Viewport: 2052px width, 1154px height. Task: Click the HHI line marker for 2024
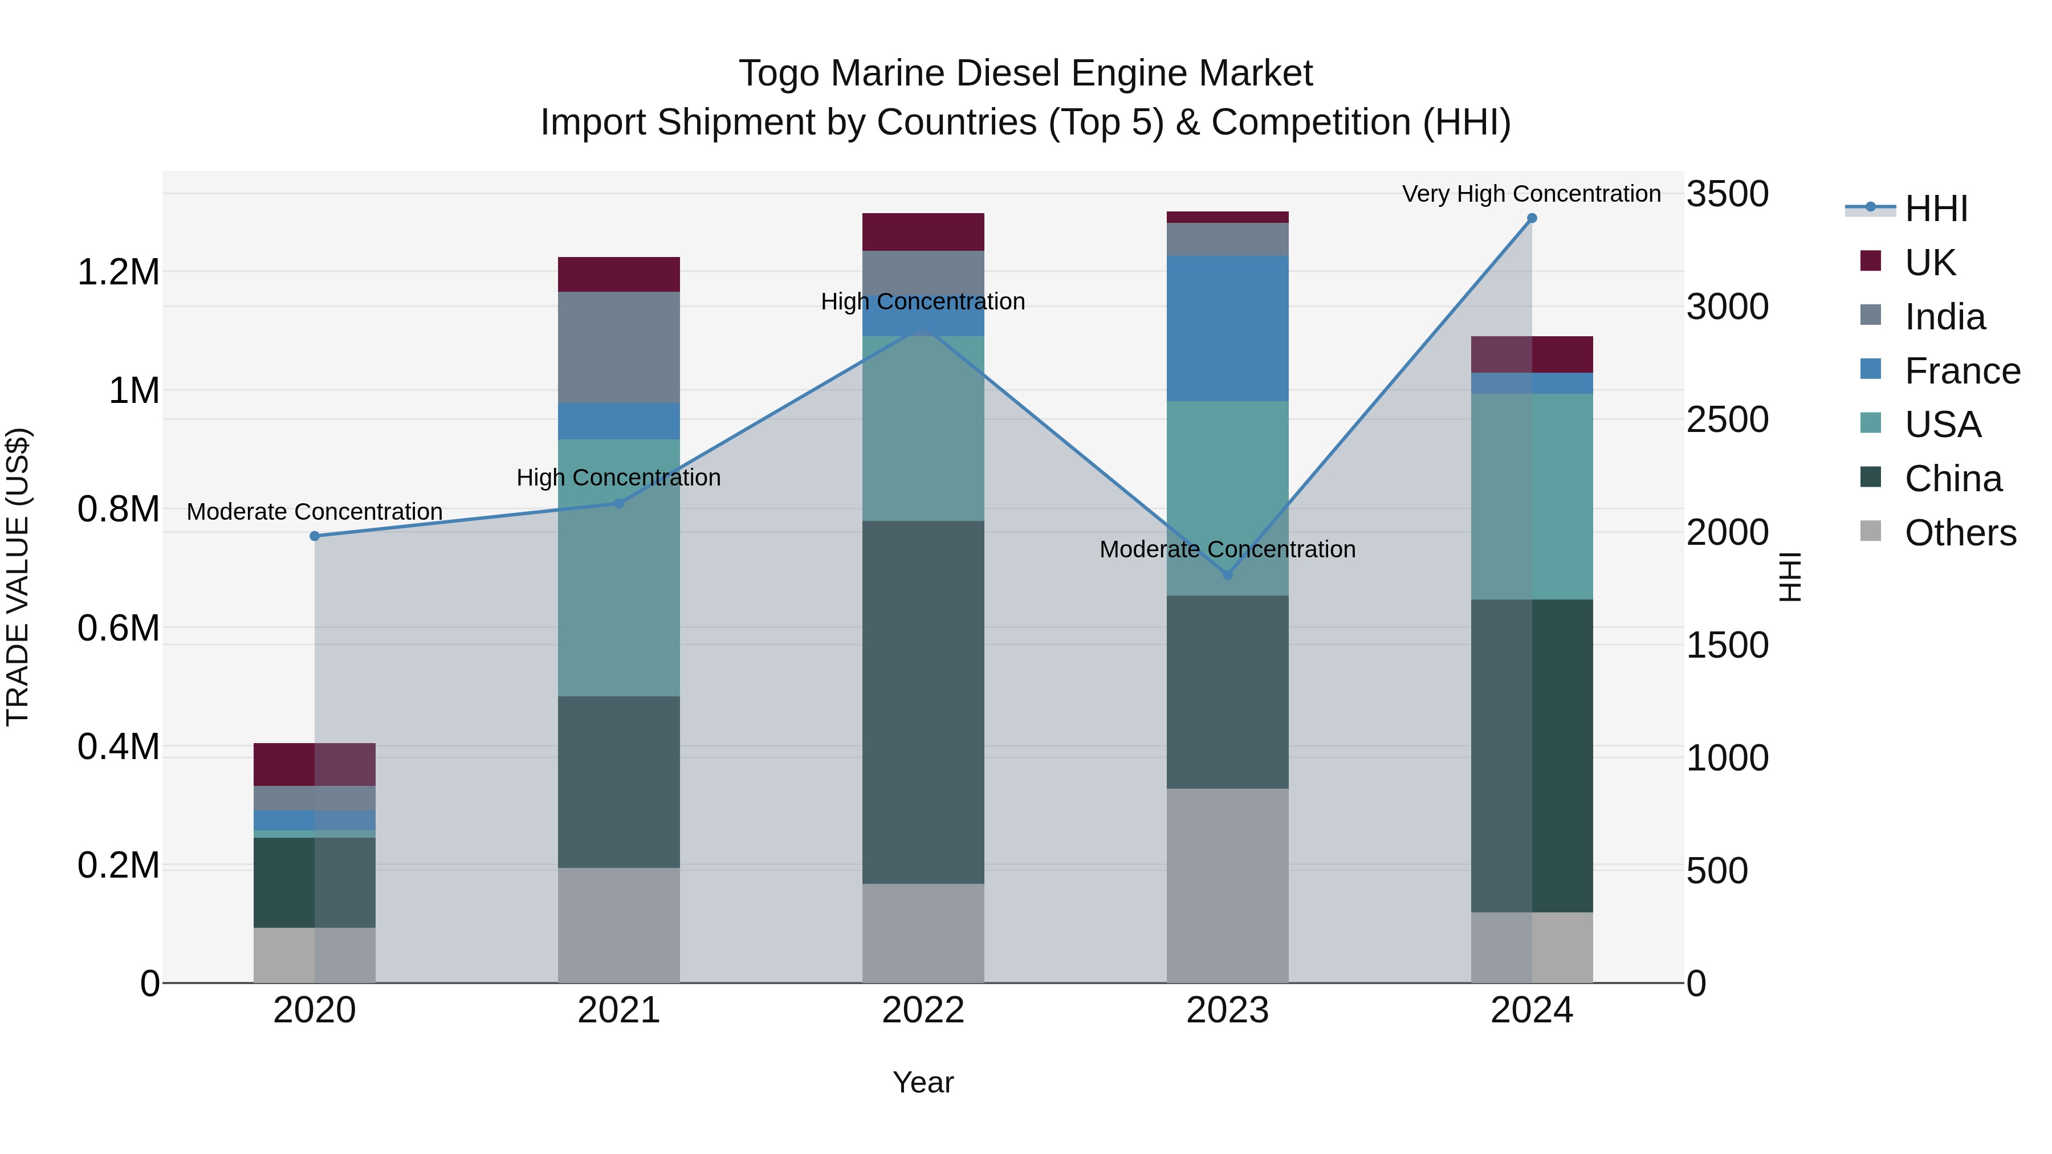(1531, 218)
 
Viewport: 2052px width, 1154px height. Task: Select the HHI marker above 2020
(315, 536)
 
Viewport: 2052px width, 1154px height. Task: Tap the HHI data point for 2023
(1228, 574)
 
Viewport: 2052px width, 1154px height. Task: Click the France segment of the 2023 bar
(1228, 328)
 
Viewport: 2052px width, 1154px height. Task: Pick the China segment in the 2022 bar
(923, 701)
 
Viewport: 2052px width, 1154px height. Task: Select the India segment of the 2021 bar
(619, 347)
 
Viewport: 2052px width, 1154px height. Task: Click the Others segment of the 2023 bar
(1228, 884)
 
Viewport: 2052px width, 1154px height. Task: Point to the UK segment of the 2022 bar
(923, 232)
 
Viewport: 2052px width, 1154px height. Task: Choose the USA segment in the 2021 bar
(619, 567)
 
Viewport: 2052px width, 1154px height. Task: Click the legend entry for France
(1962, 371)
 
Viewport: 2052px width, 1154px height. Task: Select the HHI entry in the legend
(1936, 209)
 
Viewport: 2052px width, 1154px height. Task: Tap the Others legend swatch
(1870, 531)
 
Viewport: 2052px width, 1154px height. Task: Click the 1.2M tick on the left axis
(118, 272)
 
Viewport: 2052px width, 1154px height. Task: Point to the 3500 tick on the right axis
(1727, 194)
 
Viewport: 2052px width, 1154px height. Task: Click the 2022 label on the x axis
(923, 1010)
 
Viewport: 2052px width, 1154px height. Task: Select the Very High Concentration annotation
(1531, 194)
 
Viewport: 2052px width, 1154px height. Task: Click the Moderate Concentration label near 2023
(1228, 549)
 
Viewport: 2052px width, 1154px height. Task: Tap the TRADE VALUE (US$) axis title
(18, 577)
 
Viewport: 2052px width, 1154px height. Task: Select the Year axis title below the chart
(923, 1082)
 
